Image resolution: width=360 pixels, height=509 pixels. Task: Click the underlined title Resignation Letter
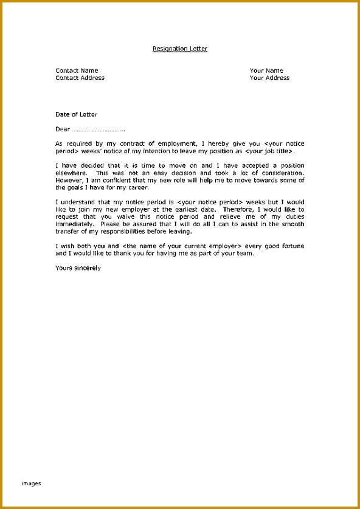coord(179,49)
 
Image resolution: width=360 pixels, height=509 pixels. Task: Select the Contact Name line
coord(77,71)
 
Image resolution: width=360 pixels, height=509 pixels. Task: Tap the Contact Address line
coord(80,78)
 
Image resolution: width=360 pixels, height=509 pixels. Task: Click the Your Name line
coord(266,71)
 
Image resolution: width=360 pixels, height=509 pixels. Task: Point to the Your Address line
coord(269,78)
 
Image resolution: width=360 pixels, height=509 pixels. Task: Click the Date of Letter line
coord(76,114)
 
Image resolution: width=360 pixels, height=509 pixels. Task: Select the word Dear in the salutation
coord(63,129)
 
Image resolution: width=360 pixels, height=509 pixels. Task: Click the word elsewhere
coord(69,173)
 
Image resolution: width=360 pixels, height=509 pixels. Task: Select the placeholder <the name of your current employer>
coord(190,246)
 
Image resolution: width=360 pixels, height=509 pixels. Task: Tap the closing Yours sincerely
coord(78,268)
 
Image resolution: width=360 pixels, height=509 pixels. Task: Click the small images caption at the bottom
coord(32,483)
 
